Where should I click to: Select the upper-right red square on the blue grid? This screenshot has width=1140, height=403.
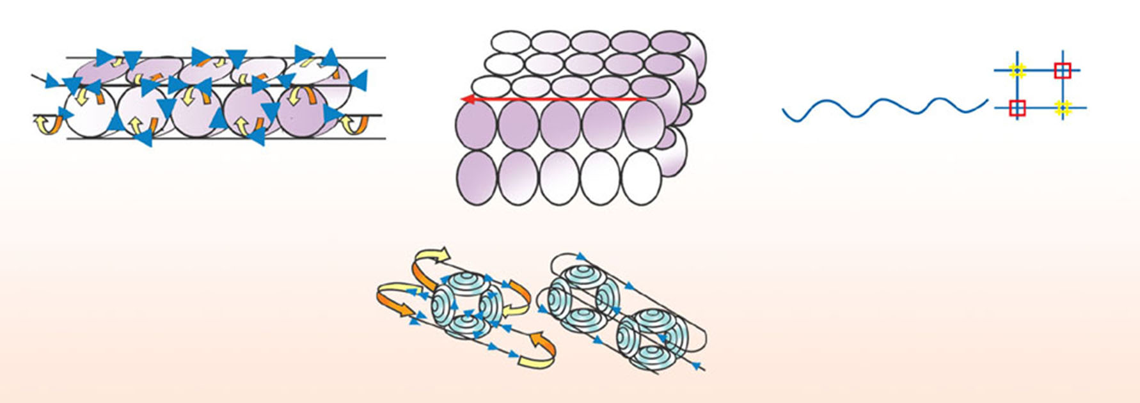1063,70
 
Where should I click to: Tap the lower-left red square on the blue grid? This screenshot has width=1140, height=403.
1017,108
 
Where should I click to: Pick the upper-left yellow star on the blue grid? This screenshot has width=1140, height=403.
1018,70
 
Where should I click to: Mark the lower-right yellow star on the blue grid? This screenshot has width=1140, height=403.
1063,108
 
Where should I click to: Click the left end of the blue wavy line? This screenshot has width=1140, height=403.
784,112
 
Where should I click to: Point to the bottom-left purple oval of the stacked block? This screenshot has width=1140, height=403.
477,177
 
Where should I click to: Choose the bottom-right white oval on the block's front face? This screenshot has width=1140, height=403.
641,177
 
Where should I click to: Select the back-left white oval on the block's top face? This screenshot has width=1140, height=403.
511,42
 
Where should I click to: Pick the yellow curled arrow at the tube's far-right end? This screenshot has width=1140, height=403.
352,124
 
